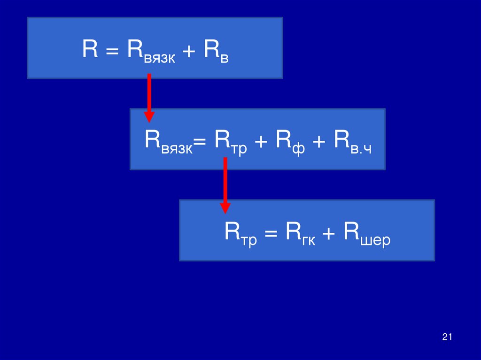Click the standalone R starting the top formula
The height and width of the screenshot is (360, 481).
(x=90, y=49)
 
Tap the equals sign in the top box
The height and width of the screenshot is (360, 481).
(x=112, y=50)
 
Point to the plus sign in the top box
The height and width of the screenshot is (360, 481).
(x=189, y=50)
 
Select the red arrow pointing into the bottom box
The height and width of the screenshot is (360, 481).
(x=225, y=185)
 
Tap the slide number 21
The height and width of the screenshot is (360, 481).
(x=447, y=337)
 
